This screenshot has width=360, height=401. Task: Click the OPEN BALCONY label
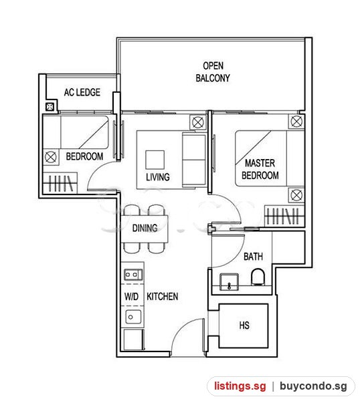coord(213,72)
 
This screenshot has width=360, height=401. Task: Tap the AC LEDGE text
coord(82,92)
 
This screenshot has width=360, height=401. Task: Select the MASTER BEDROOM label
coord(260,169)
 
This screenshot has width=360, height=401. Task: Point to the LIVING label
coord(158,177)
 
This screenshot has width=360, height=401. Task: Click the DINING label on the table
coord(145,228)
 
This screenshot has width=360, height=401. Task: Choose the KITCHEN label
coord(163,296)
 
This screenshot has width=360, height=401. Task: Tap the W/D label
coord(131,297)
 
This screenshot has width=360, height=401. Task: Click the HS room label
coord(244,325)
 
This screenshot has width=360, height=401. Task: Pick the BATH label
coord(253,257)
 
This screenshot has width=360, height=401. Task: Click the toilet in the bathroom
coord(258,277)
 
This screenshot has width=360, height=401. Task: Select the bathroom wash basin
coord(229,282)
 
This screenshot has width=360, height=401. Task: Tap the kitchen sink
coord(133,317)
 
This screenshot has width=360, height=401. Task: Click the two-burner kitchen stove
coord(133,275)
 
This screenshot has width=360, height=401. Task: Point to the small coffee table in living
coord(155,160)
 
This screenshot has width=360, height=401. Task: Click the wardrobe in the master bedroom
coord(284,216)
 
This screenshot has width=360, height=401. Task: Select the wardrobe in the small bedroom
coord(60,183)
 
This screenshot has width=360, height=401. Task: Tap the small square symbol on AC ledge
coord(50,107)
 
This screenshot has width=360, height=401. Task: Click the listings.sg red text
coord(240,386)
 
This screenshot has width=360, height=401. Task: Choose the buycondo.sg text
coord(313,386)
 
